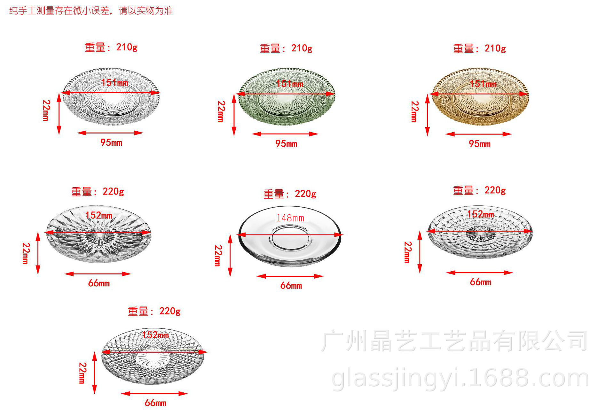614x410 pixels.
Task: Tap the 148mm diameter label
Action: [x=290, y=218]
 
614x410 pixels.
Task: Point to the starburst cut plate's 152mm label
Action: [x=99, y=215]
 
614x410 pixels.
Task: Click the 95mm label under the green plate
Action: [x=286, y=143]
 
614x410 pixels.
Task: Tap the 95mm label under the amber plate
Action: [x=480, y=143]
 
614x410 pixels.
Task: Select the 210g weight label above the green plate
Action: [x=286, y=48]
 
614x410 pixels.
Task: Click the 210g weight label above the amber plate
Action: [x=480, y=48]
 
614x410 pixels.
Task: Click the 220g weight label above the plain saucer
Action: [x=290, y=194]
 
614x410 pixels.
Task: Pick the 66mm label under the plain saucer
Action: [x=291, y=285]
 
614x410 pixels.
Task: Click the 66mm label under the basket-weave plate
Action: [x=481, y=282]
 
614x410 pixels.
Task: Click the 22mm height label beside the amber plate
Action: [x=414, y=111]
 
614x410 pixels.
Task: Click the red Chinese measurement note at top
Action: [x=91, y=11]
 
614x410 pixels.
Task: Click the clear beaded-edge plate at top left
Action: [x=111, y=106]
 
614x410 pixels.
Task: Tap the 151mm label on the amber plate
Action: [x=483, y=84]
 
